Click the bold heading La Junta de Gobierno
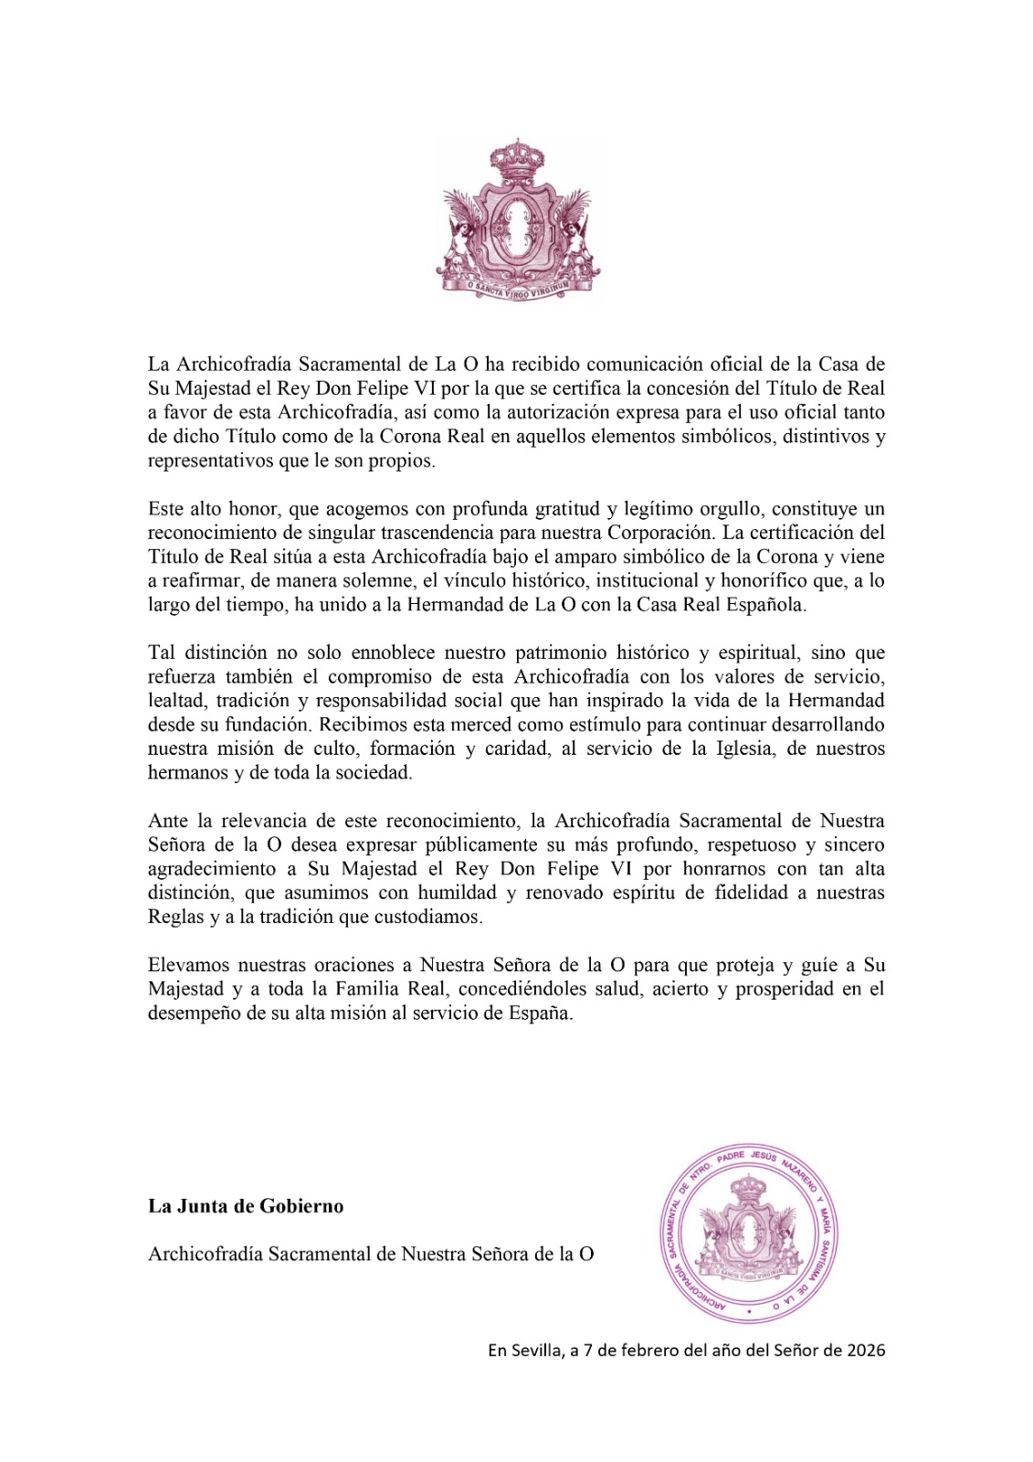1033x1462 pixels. tap(246, 1206)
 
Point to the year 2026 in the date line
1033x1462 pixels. tap(864, 1351)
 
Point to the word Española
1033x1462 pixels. tap(766, 603)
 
